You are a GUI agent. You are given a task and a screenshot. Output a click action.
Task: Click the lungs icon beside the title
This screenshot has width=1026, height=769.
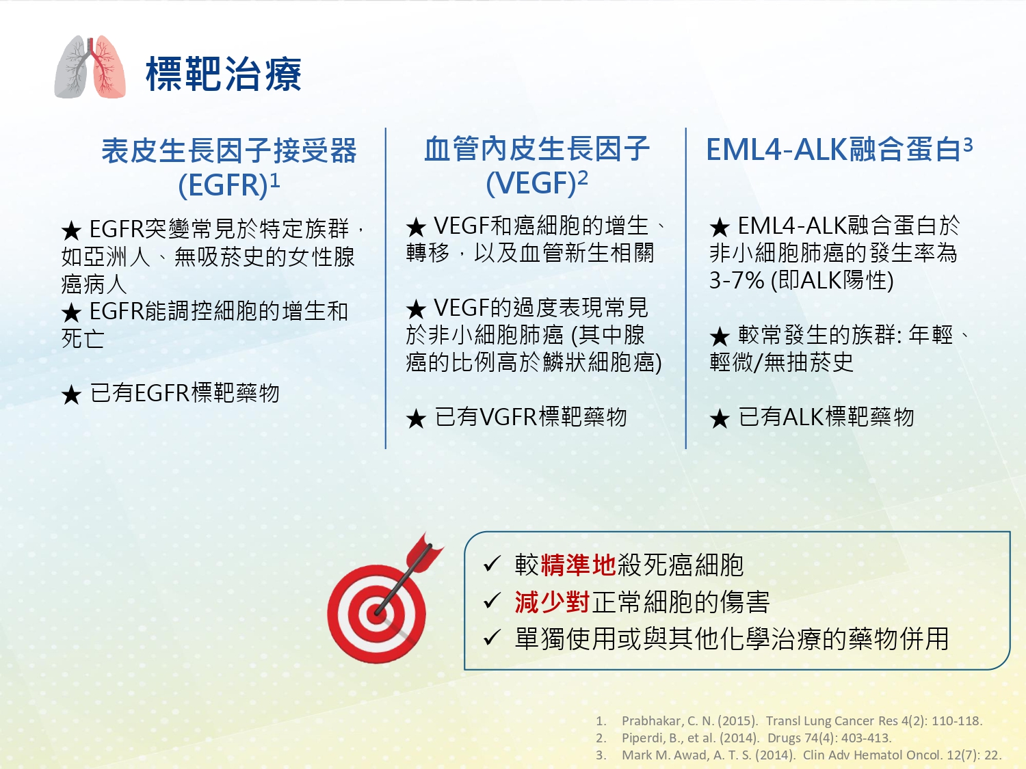(90, 67)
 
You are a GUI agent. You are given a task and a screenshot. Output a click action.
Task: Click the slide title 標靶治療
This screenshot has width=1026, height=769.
(224, 74)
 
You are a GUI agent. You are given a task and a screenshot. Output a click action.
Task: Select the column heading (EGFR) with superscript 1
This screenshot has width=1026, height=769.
(229, 185)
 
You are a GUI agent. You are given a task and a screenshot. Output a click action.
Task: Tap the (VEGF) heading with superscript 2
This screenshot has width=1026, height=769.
(537, 182)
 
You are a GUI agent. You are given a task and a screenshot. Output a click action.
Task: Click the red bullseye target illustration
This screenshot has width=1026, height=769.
(377, 614)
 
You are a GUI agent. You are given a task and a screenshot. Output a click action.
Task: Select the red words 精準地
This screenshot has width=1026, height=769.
(578, 565)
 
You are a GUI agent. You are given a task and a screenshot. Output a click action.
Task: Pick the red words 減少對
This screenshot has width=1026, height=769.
(552, 602)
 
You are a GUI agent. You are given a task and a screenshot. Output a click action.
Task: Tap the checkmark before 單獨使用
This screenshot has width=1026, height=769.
(492, 637)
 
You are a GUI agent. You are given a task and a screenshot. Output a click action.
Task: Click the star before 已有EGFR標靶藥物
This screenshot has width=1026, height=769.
(72, 395)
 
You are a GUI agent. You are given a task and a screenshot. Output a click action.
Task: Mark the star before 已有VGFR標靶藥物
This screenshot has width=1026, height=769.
(416, 419)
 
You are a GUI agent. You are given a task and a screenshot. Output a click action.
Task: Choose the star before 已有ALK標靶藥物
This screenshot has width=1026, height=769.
(720, 419)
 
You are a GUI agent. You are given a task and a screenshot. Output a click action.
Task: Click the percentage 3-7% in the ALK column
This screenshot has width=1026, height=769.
(737, 281)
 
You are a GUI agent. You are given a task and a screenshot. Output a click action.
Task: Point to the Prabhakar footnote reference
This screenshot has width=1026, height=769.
(789, 721)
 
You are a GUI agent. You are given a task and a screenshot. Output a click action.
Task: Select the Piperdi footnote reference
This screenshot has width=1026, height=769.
(744, 738)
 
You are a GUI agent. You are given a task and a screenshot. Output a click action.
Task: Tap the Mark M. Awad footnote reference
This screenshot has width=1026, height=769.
(798, 755)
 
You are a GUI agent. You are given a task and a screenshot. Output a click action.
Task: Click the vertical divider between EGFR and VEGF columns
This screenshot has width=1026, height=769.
(386, 288)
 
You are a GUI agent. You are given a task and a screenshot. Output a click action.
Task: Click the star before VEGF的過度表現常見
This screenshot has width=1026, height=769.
(416, 309)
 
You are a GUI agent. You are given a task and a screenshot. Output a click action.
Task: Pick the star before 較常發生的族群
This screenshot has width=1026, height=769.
(720, 336)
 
